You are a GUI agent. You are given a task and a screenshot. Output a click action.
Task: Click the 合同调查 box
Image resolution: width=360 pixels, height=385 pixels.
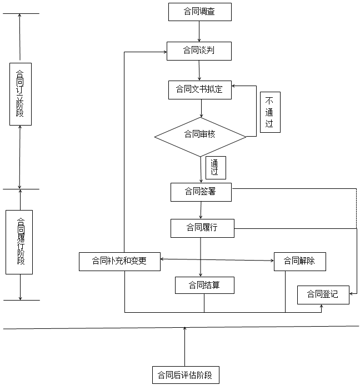point(199,12)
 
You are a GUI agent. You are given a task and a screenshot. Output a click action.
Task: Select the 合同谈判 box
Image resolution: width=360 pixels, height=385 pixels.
point(199,51)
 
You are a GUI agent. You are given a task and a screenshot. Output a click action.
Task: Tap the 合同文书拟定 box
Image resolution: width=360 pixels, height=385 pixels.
point(199,89)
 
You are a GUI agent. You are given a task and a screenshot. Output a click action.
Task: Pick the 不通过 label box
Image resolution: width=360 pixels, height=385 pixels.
point(269,112)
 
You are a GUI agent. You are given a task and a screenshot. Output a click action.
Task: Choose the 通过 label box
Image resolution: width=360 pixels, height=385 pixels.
point(216,168)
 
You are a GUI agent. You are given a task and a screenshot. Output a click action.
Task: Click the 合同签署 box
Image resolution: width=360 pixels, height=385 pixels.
point(201,192)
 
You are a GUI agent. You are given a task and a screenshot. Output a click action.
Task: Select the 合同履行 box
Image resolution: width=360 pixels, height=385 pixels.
point(202,228)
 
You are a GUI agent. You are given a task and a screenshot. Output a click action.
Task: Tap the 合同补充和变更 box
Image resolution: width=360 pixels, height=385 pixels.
point(119,261)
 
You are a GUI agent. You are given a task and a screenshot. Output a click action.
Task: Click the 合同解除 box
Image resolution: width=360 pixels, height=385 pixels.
point(299,261)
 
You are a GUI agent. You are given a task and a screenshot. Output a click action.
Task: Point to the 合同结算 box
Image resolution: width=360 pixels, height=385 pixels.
point(204,286)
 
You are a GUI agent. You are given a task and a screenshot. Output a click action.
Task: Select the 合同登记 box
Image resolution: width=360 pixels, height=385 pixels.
point(323,294)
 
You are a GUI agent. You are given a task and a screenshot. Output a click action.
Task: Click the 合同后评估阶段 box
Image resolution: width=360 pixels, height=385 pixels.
point(185,374)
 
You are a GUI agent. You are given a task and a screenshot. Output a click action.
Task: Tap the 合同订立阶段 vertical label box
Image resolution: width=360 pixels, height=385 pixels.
point(21,93)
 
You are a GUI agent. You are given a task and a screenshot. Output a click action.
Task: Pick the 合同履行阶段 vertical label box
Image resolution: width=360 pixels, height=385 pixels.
point(19,242)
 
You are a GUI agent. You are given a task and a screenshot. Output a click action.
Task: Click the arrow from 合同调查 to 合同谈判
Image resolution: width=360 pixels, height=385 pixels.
point(199,31)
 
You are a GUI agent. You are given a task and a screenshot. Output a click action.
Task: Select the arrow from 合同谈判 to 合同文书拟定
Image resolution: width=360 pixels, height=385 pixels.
point(199,71)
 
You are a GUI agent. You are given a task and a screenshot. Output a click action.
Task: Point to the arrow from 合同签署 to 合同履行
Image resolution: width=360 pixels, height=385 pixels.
point(201,210)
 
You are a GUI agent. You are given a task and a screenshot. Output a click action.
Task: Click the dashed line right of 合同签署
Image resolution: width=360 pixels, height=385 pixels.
point(356,208)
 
